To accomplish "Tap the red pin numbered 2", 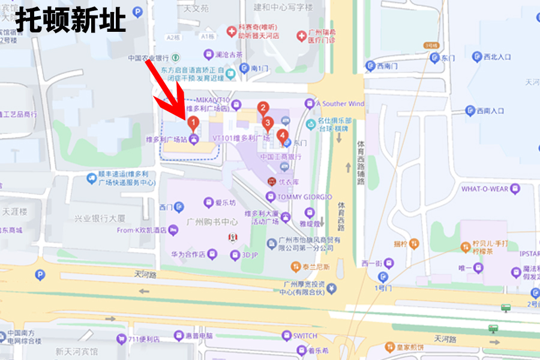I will (263, 109).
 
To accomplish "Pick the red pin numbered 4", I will (282, 136).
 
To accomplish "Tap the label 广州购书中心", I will (213, 221).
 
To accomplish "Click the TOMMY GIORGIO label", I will (304, 197).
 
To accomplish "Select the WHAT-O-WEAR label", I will (485, 189).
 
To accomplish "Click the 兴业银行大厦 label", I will (100, 218).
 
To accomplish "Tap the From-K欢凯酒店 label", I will (142, 230).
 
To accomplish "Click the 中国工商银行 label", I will (281, 157).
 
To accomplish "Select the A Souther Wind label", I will (340, 104).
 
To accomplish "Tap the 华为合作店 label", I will (187, 254).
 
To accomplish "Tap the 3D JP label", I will (250, 254).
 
